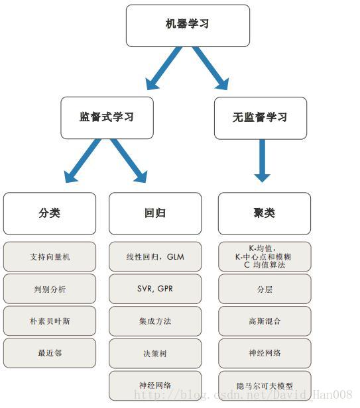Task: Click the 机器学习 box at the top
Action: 188,25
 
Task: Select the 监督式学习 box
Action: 107,117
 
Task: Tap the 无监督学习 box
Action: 260,117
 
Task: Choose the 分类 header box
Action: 49,213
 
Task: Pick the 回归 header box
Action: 154,213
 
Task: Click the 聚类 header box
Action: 264,213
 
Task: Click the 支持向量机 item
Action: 49,256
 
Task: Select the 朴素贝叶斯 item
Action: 49,321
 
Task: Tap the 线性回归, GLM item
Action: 154,256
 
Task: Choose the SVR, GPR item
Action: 154,289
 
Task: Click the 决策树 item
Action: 154,354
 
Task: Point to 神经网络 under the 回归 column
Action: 154,385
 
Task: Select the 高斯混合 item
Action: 264,321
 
